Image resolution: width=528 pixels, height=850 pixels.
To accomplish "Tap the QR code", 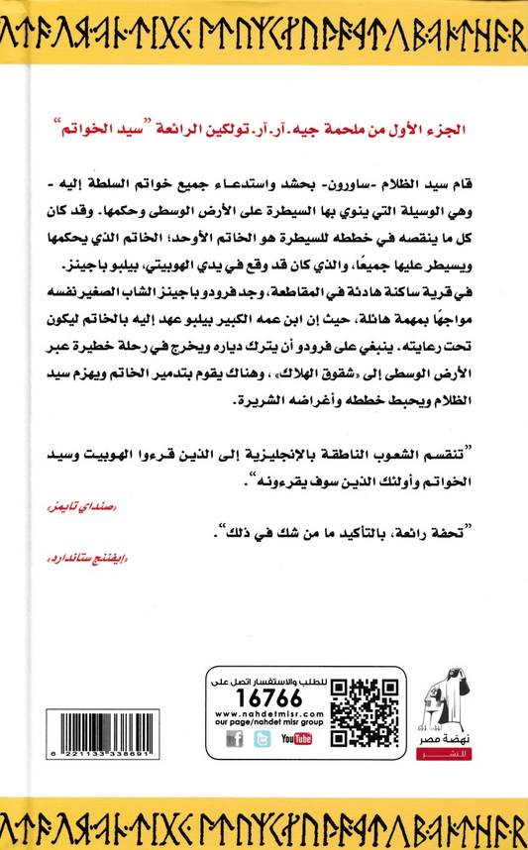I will pyautogui.click(x=353, y=711).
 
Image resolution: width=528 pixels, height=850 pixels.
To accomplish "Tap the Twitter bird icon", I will pyautogui.click(x=263, y=738).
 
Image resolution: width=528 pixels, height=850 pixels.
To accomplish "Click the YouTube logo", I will pyautogui.click(x=295, y=738).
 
